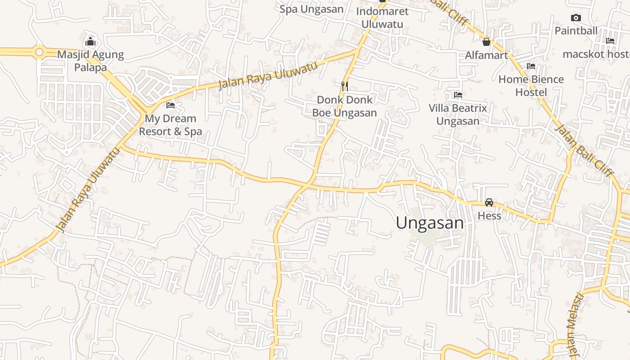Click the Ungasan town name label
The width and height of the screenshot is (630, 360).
point(430,223)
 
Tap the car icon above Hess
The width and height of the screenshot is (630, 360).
point(489,202)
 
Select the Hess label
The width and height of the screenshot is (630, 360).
point(489,216)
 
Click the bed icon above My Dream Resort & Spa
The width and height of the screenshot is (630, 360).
point(171,105)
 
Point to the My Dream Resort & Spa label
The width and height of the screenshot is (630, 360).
point(170,125)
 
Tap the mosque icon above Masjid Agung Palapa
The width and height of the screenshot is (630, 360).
point(90,42)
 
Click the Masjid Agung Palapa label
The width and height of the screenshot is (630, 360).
point(90,61)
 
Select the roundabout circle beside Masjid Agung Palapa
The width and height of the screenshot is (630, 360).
point(39,53)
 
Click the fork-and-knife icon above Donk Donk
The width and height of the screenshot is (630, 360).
point(345,86)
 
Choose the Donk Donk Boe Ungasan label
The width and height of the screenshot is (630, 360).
point(345,106)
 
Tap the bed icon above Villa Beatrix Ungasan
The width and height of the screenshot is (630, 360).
point(458,95)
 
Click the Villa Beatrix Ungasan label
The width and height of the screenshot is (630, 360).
point(458,114)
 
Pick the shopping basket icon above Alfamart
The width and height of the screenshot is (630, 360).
point(486,42)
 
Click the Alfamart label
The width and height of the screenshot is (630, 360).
point(486,55)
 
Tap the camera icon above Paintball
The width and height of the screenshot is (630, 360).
point(576,18)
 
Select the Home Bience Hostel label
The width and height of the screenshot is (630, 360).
point(531,85)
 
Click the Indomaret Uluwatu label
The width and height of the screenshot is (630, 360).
point(382,18)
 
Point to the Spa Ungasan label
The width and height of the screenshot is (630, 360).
point(311,9)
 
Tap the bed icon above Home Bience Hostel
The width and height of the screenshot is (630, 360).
point(531,66)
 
